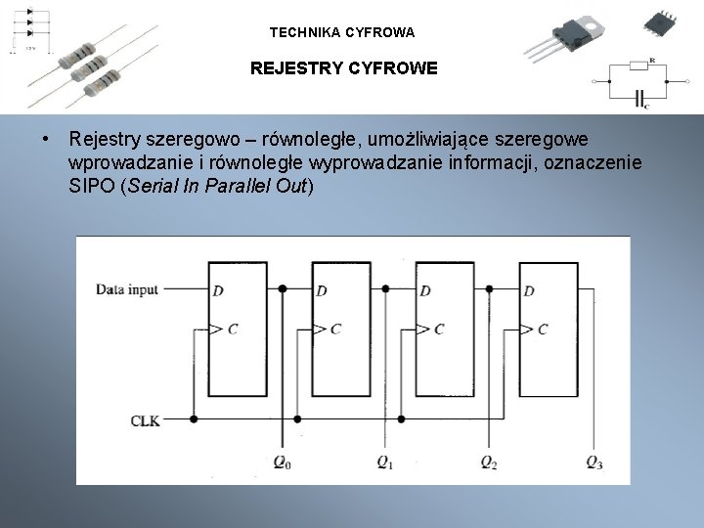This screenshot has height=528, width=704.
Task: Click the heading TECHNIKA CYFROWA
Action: tap(342, 32)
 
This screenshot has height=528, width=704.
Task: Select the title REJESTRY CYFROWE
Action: tap(344, 69)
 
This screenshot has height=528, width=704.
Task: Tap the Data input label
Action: tap(128, 289)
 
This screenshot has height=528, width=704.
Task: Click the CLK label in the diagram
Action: tap(145, 420)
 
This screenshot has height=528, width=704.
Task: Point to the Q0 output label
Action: tap(281, 462)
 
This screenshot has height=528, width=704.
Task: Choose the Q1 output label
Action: tap(385, 462)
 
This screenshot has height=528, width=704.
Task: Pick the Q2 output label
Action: tap(489, 462)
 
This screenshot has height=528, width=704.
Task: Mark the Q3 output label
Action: tap(594, 462)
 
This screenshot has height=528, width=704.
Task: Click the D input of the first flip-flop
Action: tap(216, 290)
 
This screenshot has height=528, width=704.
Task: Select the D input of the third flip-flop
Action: tap(425, 290)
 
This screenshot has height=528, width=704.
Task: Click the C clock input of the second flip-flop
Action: tap(335, 329)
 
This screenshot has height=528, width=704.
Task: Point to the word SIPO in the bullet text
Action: tap(91, 186)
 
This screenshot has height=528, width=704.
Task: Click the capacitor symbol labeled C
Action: tap(640, 97)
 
